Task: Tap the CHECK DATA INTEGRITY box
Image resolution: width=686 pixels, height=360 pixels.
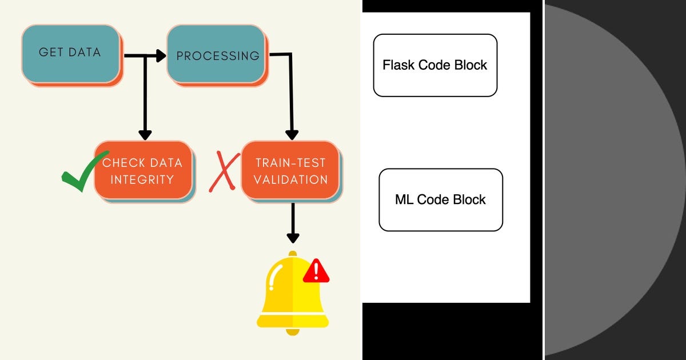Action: click(143, 170)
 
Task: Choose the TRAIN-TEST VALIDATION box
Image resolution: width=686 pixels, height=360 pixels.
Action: click(290, 170)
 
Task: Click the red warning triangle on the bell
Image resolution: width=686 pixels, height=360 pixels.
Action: click(316, 271)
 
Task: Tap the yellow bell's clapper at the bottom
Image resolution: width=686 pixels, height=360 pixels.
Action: click(293, 331)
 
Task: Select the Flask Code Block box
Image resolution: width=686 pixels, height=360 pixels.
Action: click(435, 65)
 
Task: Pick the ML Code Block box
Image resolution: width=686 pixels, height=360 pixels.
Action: click(441, 199)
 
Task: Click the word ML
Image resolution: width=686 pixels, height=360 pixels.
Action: click(404, 199)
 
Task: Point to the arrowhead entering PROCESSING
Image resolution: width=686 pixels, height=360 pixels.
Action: click(161, 55)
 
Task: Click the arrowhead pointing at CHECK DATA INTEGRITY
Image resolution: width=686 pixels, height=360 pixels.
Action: click(145, 135)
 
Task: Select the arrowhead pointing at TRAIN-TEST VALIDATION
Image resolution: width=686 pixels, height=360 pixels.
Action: click(292, 135)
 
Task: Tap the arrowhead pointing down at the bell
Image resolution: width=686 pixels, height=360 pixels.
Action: click(293, 237)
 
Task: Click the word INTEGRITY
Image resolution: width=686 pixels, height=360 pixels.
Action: click(142, 179)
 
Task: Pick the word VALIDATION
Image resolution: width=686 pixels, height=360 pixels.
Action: click(290, 179)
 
